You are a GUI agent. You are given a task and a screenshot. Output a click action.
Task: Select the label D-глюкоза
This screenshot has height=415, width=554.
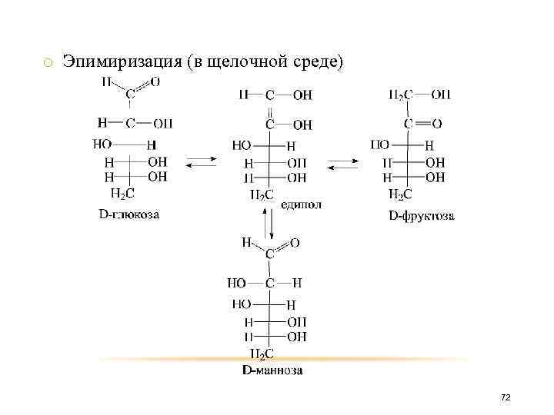(128, 214)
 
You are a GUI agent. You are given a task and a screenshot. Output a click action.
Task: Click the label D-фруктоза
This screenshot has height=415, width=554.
(421, 216)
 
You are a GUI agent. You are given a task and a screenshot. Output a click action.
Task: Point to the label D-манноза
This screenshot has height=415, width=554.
(272, 370)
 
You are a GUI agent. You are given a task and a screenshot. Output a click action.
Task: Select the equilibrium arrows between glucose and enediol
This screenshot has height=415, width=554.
(202, 162)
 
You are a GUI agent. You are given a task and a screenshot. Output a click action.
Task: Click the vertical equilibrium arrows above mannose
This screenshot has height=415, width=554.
(267, 222)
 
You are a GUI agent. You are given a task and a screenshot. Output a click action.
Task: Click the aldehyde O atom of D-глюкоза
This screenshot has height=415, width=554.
(155, 81)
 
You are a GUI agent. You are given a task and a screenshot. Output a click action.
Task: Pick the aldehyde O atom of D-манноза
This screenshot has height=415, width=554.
(295, 243)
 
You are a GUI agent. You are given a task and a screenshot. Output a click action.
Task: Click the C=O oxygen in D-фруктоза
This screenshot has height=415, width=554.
(437, 123)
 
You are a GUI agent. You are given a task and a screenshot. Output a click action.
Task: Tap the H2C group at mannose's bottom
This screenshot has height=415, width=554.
(262, 354)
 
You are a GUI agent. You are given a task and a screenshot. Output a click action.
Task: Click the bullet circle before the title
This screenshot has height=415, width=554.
(47, 62)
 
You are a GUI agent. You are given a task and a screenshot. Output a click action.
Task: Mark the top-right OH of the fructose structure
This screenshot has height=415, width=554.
(441, 95)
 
